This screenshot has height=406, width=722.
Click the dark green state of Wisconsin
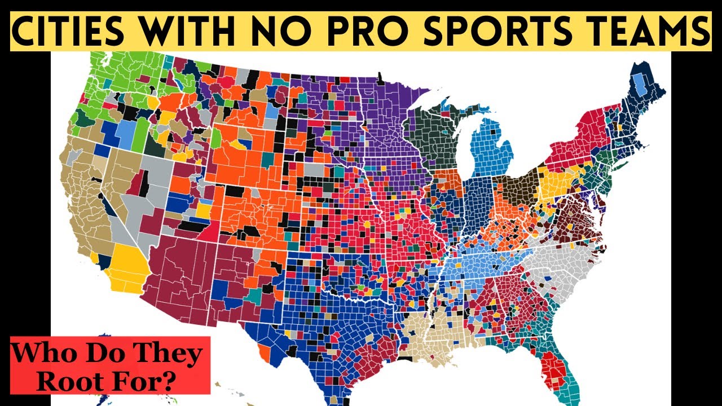[437, 135]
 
